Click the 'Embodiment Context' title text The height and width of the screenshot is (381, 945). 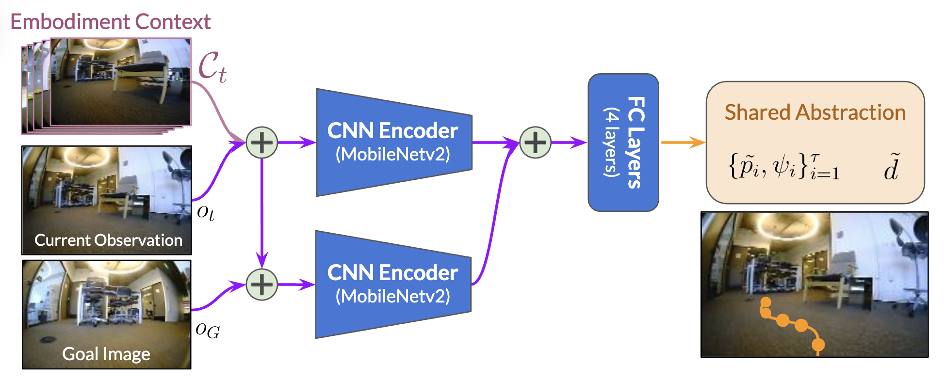coord(111,22)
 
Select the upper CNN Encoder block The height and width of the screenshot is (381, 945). coord(393,142)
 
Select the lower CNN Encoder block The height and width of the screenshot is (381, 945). coord(393,284)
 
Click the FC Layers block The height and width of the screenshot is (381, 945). coord(623,142)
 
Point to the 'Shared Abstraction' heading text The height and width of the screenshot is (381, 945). coord(815,112)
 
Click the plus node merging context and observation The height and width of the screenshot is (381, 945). coord(262,143)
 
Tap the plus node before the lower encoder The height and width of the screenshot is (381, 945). coord(262,284)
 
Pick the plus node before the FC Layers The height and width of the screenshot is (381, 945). coord(535,143)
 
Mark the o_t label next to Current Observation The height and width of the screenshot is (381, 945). coord(206,212)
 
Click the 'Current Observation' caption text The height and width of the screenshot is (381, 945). coord(108,240)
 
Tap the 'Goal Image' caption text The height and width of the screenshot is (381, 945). coord(106,354)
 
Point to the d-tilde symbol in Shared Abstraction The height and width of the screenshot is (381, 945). coord(892,167)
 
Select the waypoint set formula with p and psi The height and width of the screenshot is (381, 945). coord(783,167)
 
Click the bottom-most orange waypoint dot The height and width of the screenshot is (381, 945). coord(818,345)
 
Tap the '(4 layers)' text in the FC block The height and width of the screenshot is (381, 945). coord(611,142)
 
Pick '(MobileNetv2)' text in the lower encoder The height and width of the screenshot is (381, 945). coord(393,296)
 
